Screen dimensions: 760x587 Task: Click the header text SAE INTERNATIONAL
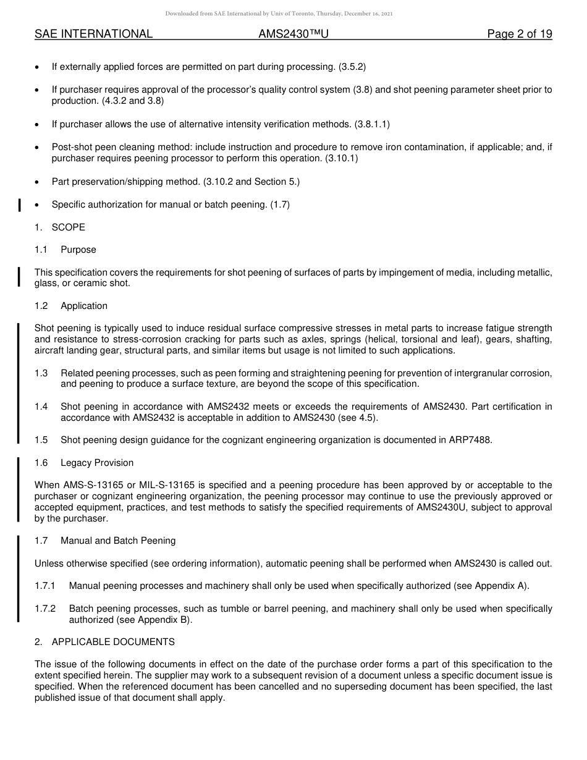click(x=93, y=34)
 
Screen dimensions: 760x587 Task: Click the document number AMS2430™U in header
click(x=293, y=34)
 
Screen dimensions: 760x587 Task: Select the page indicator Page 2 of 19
click(x=519, y=34)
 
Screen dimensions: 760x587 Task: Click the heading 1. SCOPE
click(x=60, y=227)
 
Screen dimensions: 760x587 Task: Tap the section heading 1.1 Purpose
click(x=65, y=250)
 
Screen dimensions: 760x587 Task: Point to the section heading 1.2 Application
click(x=71, y=306)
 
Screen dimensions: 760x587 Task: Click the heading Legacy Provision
click(x=97, y=463)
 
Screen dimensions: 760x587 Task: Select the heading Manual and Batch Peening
click(x=118, y=541)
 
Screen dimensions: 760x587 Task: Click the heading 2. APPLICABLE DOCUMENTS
click(x=104, y=642)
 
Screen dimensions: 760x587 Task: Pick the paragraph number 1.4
click(x=41, y=407)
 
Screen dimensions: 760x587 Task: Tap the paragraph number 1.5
click(x=41, y=440)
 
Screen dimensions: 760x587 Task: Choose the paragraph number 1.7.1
click(x=45, y=586)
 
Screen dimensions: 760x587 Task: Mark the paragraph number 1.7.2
click(x=45, y=609)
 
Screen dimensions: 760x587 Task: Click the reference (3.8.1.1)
click(x=372, y=124)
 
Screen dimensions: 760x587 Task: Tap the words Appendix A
click(x=501, y=586)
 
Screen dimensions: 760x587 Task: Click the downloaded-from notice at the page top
click(x=279, y=14)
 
